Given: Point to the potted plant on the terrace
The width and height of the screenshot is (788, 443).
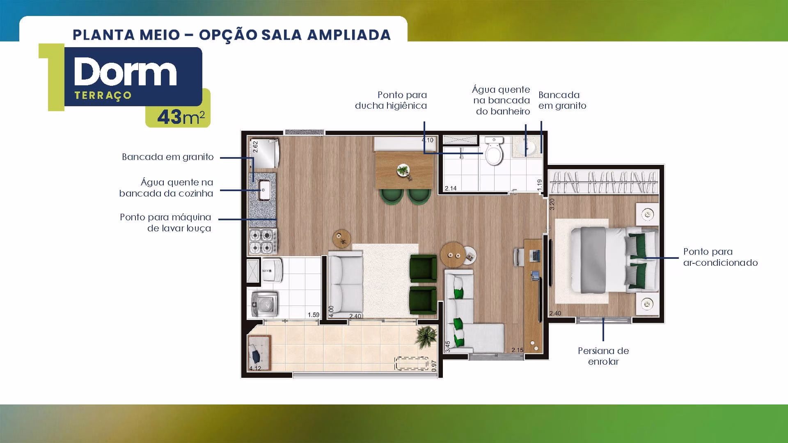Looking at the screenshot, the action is tap(426, 336).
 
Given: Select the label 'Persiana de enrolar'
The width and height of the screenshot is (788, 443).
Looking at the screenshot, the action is tap(603, 356).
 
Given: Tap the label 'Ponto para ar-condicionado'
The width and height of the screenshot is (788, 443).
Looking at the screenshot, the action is tap(720, 257).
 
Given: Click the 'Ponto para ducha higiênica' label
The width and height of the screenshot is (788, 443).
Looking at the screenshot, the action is tap(391, 100).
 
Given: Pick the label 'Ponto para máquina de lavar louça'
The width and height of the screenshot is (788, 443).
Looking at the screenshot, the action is tap(166, 223).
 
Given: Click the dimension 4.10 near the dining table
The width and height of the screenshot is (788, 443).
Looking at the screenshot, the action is tap(427, 140).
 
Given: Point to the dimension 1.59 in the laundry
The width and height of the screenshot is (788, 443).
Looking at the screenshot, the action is tap(313, 315).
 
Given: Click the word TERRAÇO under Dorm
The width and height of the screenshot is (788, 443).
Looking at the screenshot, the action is tap(103, 96).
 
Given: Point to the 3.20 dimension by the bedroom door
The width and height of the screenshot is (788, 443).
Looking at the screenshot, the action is tap(552, 204).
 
